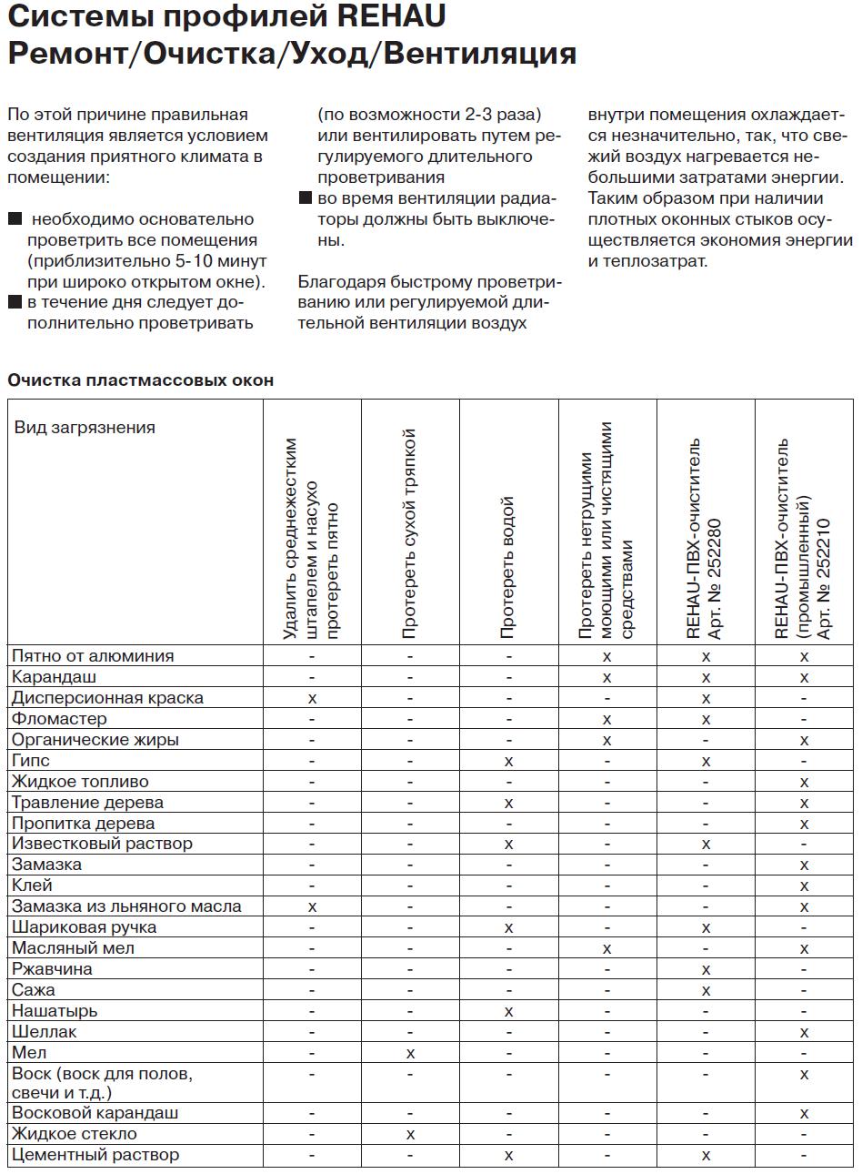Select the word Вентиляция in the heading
(x=477, y=54)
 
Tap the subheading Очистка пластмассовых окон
(x=140, y=380)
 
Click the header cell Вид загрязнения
(x=85, y=428)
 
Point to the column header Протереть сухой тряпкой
(x=409, y=532)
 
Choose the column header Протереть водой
(x=508, y=566)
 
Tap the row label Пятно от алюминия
(x=93, y=656)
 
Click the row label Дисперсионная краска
(x=107, y=698)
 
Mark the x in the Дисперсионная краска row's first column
(x=312, y=698)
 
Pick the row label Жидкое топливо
(x=80, y=782)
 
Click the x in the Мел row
(x=410, y=1054)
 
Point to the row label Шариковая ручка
(x=84, y=927)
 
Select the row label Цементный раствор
(x=95, y=1155)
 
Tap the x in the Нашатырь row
(x=508, y=1012)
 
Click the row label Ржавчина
(x=52, y=969)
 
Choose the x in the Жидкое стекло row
(x=410, y=1135)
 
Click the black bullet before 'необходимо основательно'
(x=15, y=219)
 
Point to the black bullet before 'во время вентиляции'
(x=306, y=198)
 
